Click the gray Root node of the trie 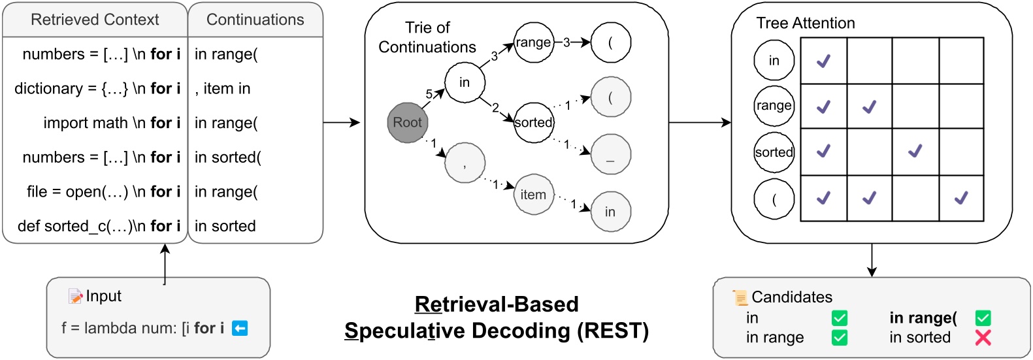pos(407,123)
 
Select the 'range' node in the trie pos(533,42)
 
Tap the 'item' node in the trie pos(533,195)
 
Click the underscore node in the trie pos(610,155)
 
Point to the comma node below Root pos(465,163)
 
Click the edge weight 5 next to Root pos(429,94)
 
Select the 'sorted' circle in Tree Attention pos(774,152)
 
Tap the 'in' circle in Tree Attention pos(774,61)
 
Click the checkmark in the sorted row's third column pos(915,151)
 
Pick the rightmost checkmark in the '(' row pos(960,197)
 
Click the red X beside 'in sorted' pos(983,337)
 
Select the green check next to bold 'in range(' pos(983,318)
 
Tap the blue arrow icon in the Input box pos(240,328)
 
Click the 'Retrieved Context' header pos(95,20)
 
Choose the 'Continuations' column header pos(255,20)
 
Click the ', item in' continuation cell pos(223,89)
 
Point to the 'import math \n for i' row pos(112,123)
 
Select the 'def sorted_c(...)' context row pos(99,226)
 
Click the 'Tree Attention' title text pos(805,24)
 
